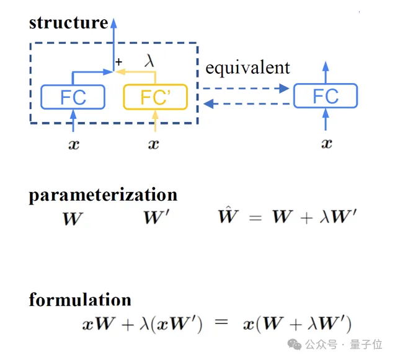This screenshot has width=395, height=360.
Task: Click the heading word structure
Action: tap(68, 23)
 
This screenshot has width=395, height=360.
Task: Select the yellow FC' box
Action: tap(155, 97)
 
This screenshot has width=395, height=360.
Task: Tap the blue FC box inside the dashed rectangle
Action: tap(73, 97)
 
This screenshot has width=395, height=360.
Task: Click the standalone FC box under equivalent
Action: tap(326, 96)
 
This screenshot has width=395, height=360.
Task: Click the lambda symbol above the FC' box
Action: tap(150, 61)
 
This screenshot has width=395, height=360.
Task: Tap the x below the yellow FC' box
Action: tap(154, 144)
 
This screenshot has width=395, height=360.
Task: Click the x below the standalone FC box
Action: tap(326, 144)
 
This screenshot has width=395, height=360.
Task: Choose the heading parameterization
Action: tap(103, 195)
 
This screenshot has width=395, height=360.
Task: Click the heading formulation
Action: tap(80, 300)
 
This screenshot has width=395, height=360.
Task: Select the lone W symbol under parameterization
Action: tap(73, 219)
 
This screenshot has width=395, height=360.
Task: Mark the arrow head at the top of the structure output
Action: tap(113, 24)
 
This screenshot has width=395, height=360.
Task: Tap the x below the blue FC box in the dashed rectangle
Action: tap(73, 144)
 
